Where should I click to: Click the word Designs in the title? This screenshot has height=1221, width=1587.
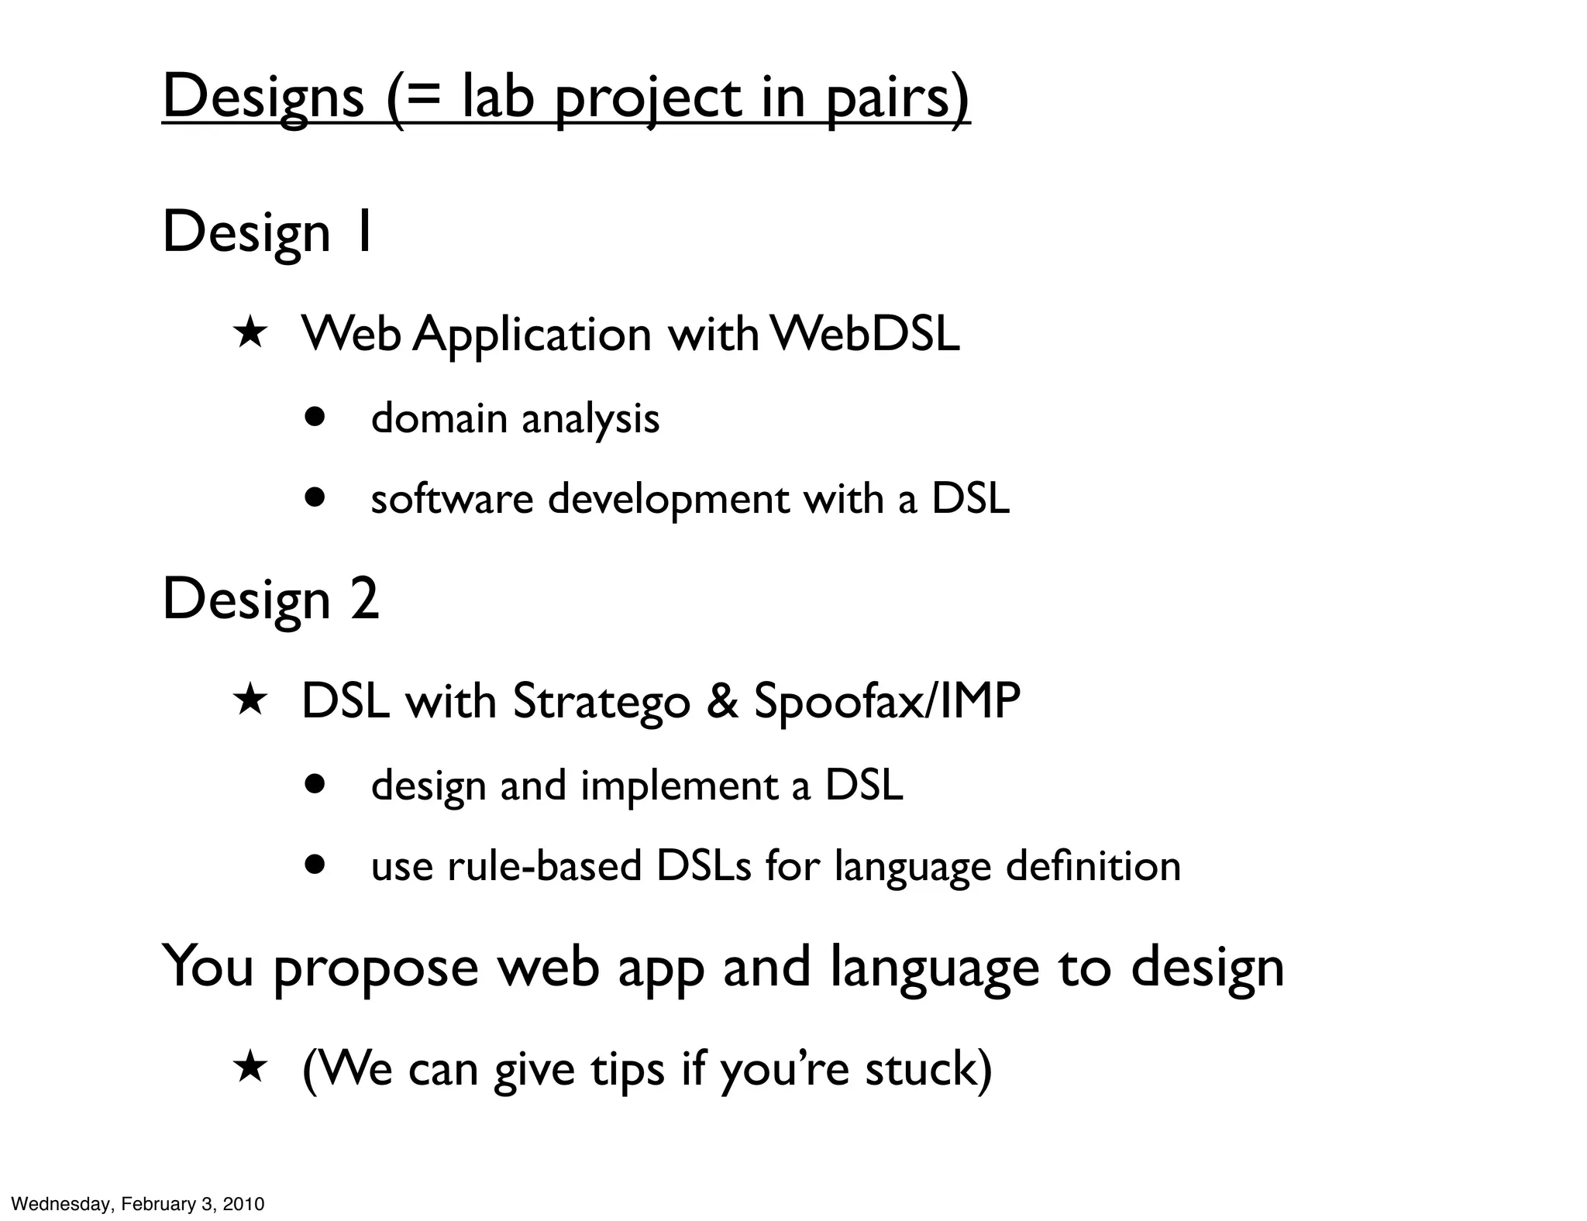click(263, 97)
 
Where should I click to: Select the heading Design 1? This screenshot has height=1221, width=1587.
click(268, 232)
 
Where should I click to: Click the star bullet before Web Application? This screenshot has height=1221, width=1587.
click(250, 335)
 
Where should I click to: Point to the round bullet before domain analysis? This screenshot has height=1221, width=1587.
click(315, 418)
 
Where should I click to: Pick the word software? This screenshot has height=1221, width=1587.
click(452, 498)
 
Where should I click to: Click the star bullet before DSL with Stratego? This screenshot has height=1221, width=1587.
click(250, 701)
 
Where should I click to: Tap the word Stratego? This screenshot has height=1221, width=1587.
click(601, 702)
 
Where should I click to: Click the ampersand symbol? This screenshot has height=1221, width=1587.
click(721, 702)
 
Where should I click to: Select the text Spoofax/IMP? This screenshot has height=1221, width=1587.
click(887, 702)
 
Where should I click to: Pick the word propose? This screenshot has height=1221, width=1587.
click(376, 968)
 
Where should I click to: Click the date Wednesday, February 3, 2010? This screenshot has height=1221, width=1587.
click(138, 1204)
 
